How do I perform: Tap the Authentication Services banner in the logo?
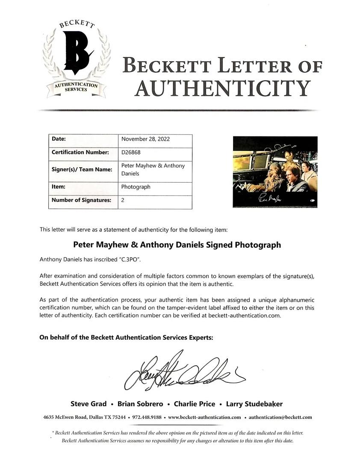pos(76,87)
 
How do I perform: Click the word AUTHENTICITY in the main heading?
pos(222,88)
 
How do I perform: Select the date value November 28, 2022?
pos(145,139)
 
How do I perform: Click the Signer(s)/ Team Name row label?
pos(82,169)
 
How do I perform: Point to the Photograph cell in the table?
pos(136,187)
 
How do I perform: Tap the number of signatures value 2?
pos(123,200)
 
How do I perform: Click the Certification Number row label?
pos(80,152)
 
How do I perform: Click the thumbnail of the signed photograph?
pos(275,172)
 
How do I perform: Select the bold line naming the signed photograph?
pos(177,245)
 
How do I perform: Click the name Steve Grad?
pos(89,404)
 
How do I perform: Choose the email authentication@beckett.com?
pos(280,417)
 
